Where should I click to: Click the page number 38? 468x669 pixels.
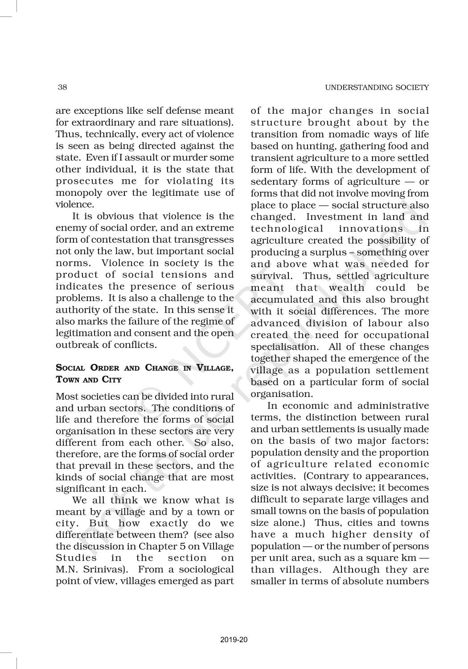62,87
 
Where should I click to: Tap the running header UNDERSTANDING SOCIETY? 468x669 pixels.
377,87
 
